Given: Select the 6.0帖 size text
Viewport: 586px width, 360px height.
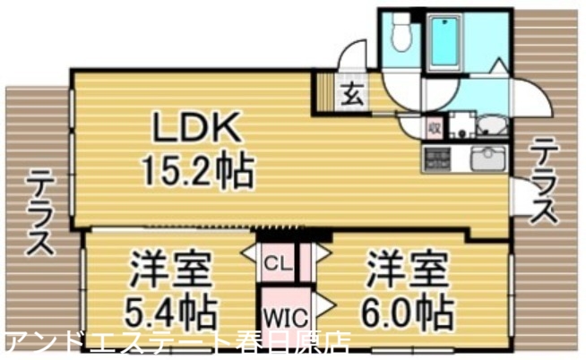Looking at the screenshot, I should (408, 311).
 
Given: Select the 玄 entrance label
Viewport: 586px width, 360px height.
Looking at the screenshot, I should (352, 92).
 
